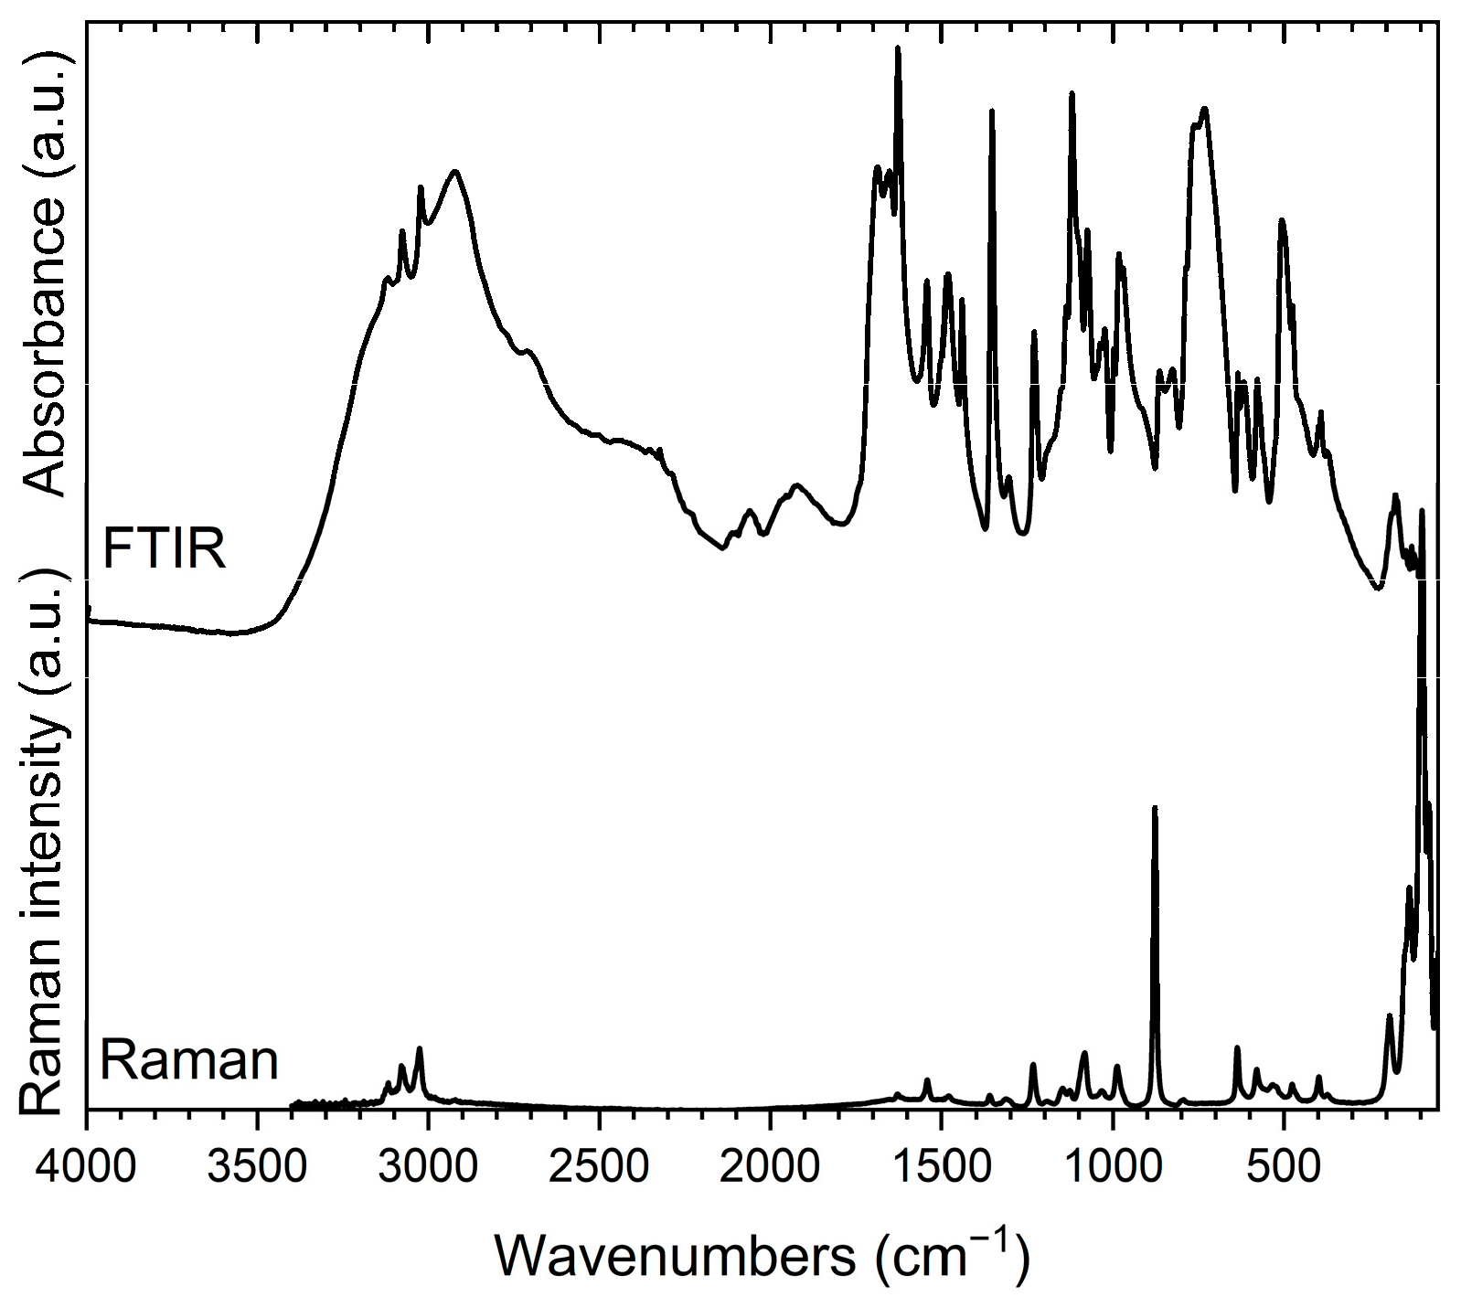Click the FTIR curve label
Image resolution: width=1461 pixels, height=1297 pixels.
[164, 548]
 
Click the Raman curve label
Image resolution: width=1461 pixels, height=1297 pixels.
[188, 1061]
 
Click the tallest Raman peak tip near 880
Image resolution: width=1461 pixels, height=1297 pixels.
[1155, 808]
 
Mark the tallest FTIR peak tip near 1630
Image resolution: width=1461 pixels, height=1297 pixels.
[898, 48]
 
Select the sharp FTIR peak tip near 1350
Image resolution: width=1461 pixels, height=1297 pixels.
[992, 111]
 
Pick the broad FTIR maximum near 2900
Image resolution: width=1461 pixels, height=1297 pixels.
[454, 171]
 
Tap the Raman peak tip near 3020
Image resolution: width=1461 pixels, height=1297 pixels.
[420, 1048]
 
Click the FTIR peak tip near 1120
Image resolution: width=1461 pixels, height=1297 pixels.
[1072, 93]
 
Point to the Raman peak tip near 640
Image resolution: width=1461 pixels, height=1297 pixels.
[1237, 1048]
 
